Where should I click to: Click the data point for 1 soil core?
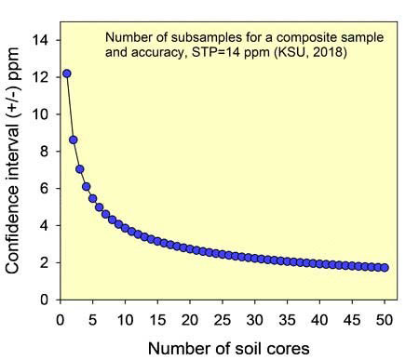click(x=67, y=73)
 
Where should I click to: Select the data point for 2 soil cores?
click(x=74, y=140)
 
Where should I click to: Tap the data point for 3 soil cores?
click(x=80, y=169)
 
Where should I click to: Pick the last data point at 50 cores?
click(x=385, y=268)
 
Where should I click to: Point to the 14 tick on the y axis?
click(x=42, y=40)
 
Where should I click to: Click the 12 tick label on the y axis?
click(x=42, y=77)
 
